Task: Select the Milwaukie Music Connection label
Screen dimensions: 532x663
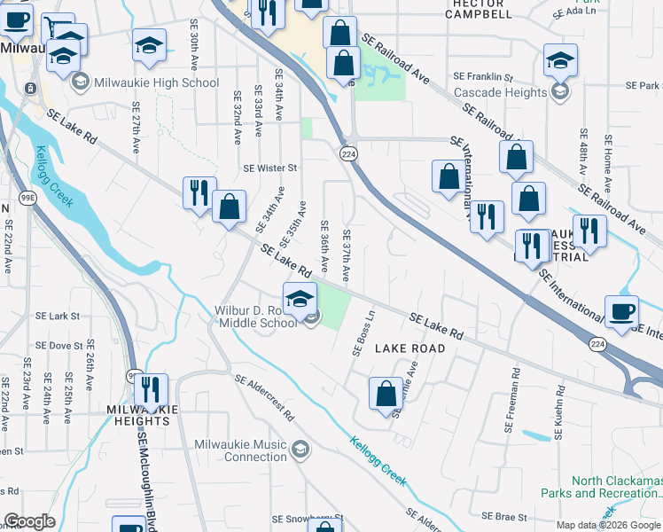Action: click(x=241, y=450)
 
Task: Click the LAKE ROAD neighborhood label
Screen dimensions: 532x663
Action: click(x=409, y=348)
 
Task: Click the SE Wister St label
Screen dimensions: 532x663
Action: click(x=269, y=168)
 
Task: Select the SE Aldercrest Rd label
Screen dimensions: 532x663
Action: click(x=264, y=396)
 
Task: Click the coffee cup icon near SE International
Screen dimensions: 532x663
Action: click(x=621, y=311)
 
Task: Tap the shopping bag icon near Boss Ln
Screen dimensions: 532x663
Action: click(x=386, y=395)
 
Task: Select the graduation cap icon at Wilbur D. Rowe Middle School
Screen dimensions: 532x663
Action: click(x=300, y=297)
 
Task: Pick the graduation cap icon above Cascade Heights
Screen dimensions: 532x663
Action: click(x=560, y=61)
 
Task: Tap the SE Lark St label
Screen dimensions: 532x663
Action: click(x=58, y=316)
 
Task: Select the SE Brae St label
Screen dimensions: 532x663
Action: click(x=503, y=516)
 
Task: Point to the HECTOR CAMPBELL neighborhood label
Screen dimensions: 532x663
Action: click(x=484, y=10)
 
